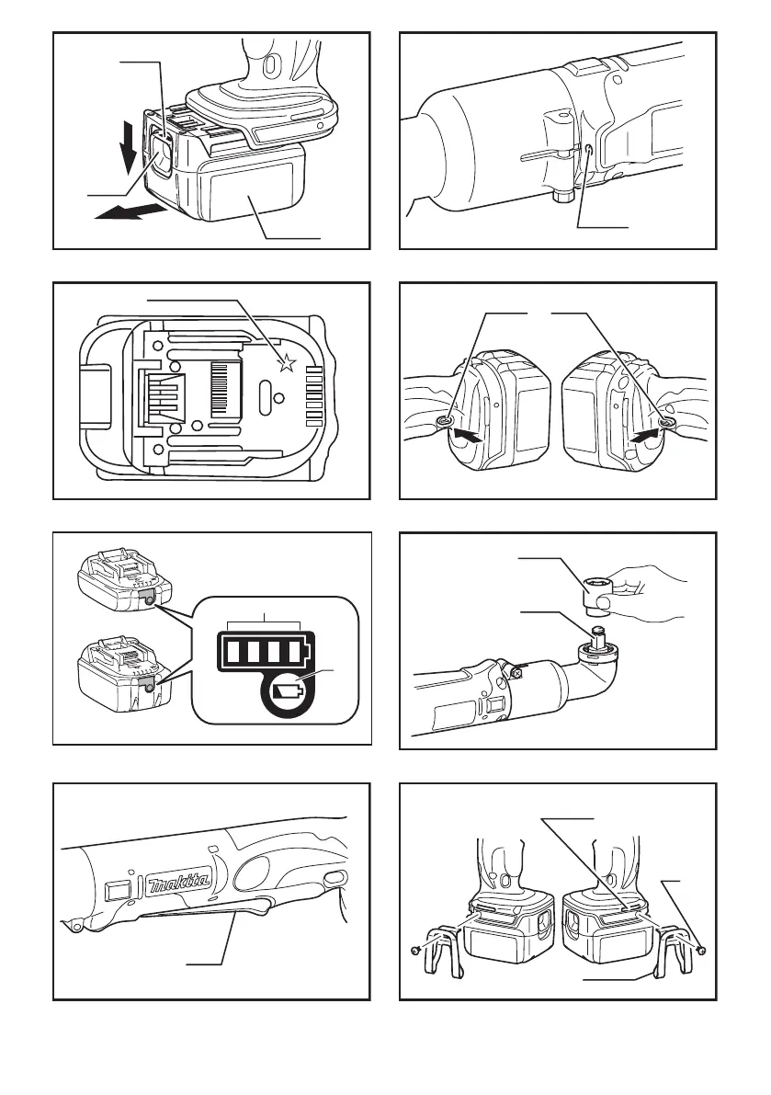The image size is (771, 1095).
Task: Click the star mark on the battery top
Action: pos(287,362)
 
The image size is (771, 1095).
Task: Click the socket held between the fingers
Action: pos(596,594)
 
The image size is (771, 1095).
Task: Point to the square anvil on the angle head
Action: pos(597,634)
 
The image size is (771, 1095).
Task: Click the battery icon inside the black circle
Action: pos(289,693)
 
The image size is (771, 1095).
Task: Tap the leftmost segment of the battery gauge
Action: pos(233,652)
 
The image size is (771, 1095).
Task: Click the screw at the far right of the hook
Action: pos(702,950)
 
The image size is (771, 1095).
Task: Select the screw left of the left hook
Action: pos(415,951)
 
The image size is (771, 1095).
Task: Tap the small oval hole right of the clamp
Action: pos(587,150)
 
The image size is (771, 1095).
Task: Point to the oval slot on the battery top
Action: pos(266,388)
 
